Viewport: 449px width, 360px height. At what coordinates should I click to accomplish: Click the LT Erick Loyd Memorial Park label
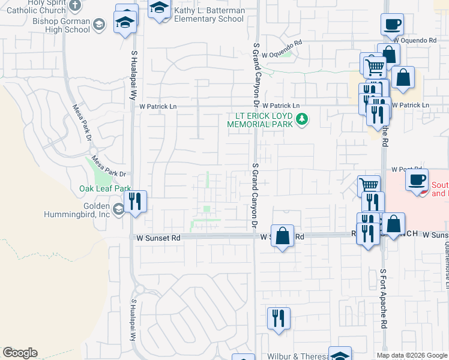point(260,119)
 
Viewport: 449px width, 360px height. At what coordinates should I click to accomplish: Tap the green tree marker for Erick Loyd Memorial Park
point(303,120)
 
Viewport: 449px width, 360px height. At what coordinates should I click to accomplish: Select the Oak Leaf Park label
point(105,188)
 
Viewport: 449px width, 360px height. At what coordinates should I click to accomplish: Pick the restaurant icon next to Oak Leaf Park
point(135,201)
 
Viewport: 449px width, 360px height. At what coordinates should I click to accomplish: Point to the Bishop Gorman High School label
point(61,25)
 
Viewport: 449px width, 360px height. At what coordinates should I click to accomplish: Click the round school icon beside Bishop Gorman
point(99,25)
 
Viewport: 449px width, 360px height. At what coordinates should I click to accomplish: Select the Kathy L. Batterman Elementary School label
point(208,15)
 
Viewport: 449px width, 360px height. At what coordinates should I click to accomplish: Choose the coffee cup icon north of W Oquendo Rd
point(392,25)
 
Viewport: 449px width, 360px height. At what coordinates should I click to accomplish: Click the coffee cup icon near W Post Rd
point(417,179)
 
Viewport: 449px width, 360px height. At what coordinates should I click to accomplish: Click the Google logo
point(20,353)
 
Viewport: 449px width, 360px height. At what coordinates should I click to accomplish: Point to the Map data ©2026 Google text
point(411,355)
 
